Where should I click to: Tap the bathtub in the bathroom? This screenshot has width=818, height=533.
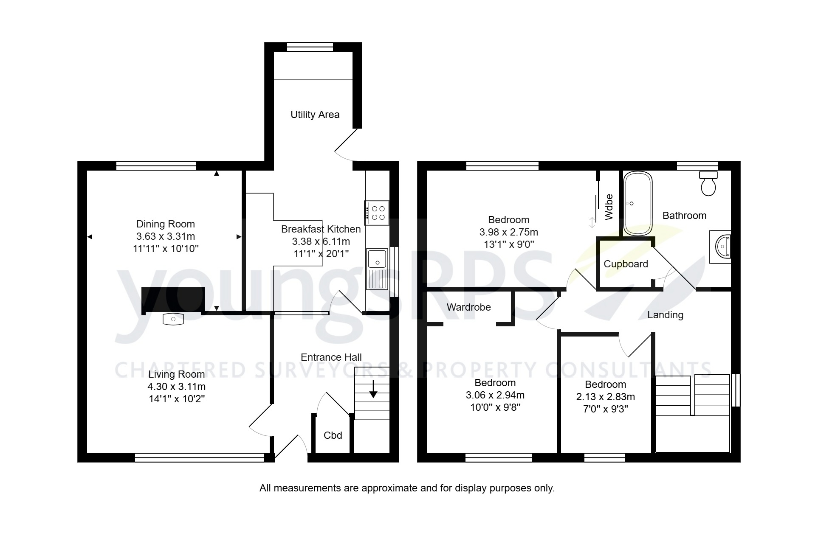pyautogui.click(x=637, y=203)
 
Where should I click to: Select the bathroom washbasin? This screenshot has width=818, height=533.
pyautogui.click(x=722, y=247)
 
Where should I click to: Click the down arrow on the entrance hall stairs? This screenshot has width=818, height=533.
pyautogui.click(x=373, y=390)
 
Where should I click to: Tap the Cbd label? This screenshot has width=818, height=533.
pyautogui.click(x=333, y=435)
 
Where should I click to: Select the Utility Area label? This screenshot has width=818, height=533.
pyautogui.click(x=315, y=115)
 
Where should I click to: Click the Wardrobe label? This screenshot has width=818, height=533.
pyautogui.click(x=468, y=307)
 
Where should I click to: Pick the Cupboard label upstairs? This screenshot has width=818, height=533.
pyautogui.click(x=626, y=264)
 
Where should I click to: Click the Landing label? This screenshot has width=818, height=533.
pyautogui.click(x=665, y=315)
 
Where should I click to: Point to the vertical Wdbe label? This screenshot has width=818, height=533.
pyautogui.click(x=609, y=207)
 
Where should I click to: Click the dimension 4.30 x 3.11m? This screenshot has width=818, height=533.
pyautogui.click(x=176, y=387)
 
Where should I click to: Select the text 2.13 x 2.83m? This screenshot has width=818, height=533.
pyautogui.click(x=605, y=397)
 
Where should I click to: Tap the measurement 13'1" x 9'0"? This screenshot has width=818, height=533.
pyautogui.click(x=508, y=244)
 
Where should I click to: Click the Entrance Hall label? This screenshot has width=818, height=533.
pyautogui.click(x=331, y=357)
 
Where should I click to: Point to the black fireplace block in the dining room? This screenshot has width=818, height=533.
pyautogui.click(x=173, y=300)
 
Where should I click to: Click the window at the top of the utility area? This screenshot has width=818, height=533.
pyautogui.click(x=310, y=47)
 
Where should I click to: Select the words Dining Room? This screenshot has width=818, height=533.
pyautogui.click(x=165, y=224)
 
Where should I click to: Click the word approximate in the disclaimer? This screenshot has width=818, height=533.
pyautogui.click(x=389, y=488)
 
